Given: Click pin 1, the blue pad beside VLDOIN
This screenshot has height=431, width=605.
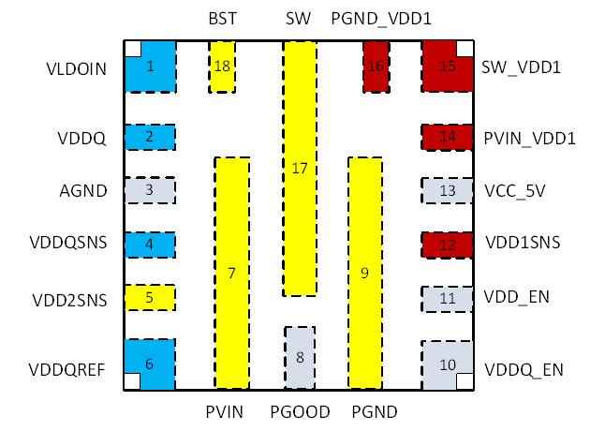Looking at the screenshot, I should click(x=151, y=67).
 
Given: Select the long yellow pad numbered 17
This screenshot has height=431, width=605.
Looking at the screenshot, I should click(x=300, y=169).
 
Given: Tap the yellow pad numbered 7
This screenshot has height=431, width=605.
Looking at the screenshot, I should click(x=231, y=273).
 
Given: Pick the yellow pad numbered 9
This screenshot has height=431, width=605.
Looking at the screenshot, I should click(x=364, y=273).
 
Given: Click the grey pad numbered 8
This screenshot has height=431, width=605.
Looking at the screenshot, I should click(x=300, y=357).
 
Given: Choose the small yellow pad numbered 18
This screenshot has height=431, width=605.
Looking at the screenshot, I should click(x=222, y=67).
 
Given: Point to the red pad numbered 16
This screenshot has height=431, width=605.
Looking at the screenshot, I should click(x=376, y=67).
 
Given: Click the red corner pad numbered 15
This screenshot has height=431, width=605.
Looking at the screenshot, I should click(x=448, y=67).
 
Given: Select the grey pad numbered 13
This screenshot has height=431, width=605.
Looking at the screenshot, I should click(x=448, y=191).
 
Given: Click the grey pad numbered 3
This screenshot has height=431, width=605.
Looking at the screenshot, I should click(x=151, y=191).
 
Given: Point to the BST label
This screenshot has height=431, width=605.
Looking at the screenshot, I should click(x=222, y=19).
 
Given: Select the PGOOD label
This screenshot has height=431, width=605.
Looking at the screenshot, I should click(x=300, y=410).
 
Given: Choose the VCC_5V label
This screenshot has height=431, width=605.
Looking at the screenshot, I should click(x=515, y=190).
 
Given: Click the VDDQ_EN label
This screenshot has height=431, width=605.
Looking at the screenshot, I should click(x=524, y=369).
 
